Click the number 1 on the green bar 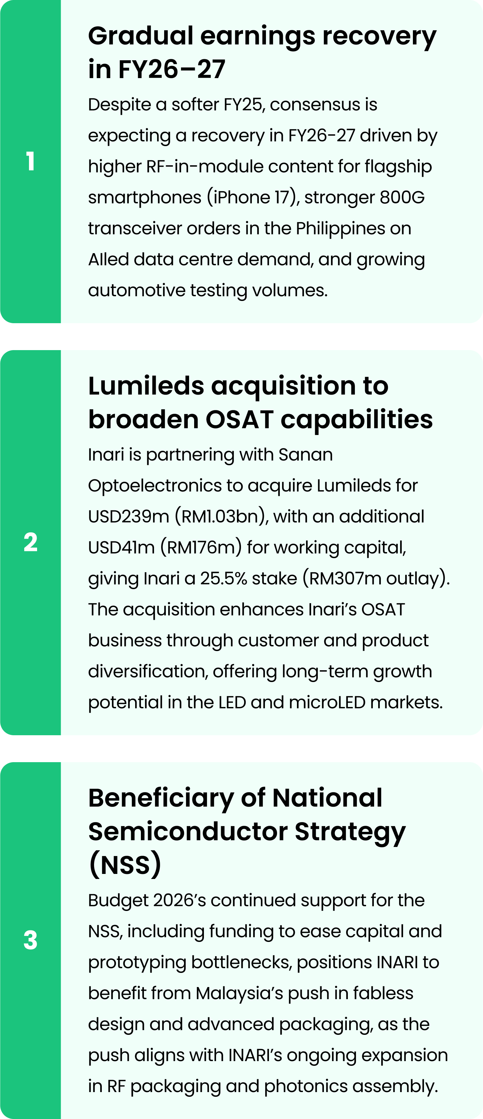coord(30,162)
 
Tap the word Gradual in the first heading coord(141,36)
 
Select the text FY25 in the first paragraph coord(243,105)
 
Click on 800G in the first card coord(402,197)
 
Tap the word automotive coord(137,290)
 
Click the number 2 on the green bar coord(30,542)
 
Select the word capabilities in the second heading coord(357,419)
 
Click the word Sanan coord(306,455)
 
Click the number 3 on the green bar coord(30,940)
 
